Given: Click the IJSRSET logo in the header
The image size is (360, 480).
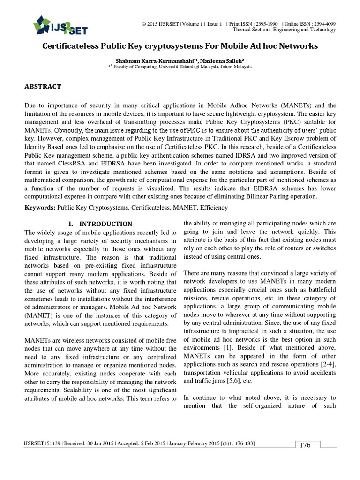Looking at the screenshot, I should (60, 25).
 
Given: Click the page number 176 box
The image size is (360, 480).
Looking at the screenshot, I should (305, 445).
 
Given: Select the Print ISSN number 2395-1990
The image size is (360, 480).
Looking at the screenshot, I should (266, 23).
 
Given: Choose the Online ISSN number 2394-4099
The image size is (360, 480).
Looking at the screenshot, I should (323, 23).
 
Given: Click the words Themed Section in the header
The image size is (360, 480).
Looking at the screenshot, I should (250, 30).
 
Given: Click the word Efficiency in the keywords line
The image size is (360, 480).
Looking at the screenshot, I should (212, 207).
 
